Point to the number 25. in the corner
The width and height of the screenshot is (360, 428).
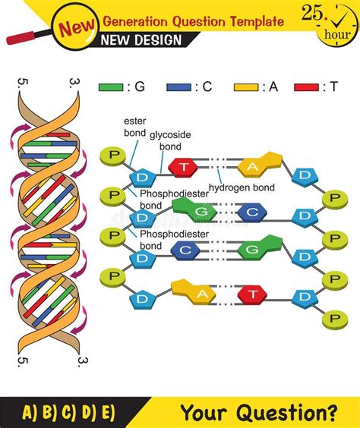pyautogui.click(x=314, y=14)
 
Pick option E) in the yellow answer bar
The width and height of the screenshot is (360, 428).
pyautogui.click(x=104, y=412)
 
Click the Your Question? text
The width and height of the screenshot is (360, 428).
pyautogui.click(x=258, y=412)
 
